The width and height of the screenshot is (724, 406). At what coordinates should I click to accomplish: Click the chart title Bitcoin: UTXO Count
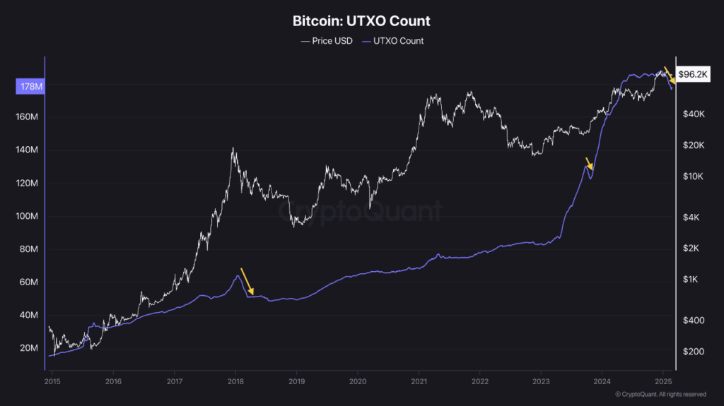[361, 21]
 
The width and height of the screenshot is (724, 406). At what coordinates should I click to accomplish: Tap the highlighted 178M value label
[29, 87]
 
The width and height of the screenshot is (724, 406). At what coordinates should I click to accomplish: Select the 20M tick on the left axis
[28, 348]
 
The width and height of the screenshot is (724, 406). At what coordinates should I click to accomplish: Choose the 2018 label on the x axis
[235, 382]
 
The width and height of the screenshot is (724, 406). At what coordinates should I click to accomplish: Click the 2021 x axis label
[419, 382]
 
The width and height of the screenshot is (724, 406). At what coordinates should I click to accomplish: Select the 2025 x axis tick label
[663, 382]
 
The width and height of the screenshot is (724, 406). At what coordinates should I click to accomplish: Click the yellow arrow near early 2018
[247, 280]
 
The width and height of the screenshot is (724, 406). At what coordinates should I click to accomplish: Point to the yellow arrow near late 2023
[588, 164]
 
